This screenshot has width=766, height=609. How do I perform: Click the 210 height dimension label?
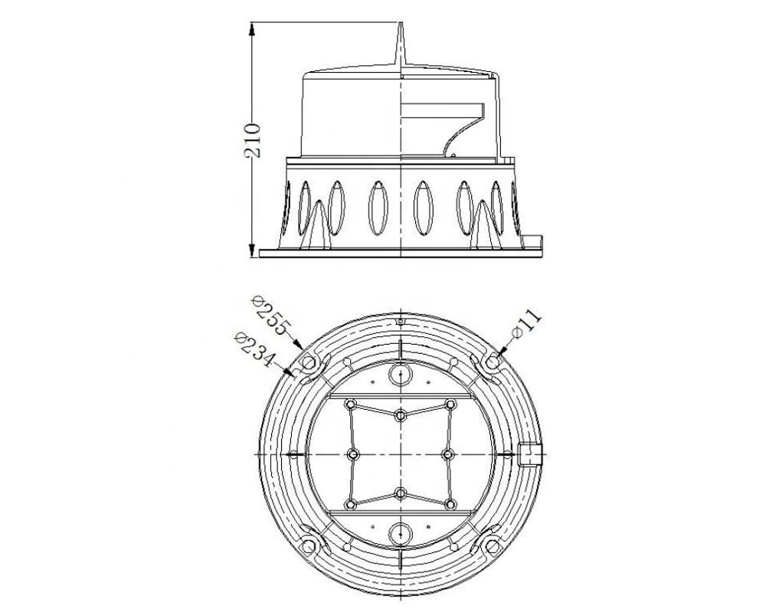coord(252,141)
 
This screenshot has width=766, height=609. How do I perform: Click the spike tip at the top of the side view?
coord(401,22)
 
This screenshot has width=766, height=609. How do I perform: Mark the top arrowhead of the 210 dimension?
coord(252,29)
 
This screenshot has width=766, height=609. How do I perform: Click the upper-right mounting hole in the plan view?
coord(493,362)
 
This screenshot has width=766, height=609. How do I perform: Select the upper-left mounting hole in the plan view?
coord(308,362)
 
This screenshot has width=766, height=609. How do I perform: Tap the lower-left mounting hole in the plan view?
coord(308,547)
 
